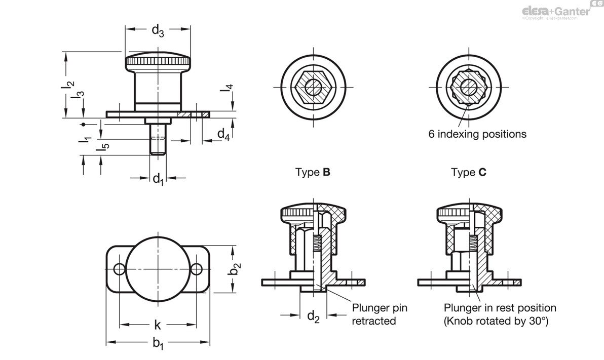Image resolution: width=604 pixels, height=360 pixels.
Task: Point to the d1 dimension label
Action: tap(158, 178)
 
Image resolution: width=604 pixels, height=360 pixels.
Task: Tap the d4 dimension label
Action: tap(223, 134)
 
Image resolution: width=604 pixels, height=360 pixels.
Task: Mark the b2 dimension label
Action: tap(235, 269)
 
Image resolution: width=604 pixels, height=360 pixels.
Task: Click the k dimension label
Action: tap(158, 325)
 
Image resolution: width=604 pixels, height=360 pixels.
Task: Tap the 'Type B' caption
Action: tap(313, 172)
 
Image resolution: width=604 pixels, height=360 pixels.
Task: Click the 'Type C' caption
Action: tap(469, 172)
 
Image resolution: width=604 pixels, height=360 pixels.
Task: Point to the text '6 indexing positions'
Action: tap(477, 134)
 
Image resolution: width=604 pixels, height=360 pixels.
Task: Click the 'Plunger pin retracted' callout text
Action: tap(380, 314)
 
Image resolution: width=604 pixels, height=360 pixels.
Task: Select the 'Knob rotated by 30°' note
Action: tap(496, 321)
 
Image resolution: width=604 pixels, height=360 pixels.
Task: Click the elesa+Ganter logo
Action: tap(556, 11)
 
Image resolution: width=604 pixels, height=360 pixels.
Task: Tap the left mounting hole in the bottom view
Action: tap(120, 269)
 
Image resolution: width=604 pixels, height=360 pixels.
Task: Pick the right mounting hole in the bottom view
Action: tap(197, 269)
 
